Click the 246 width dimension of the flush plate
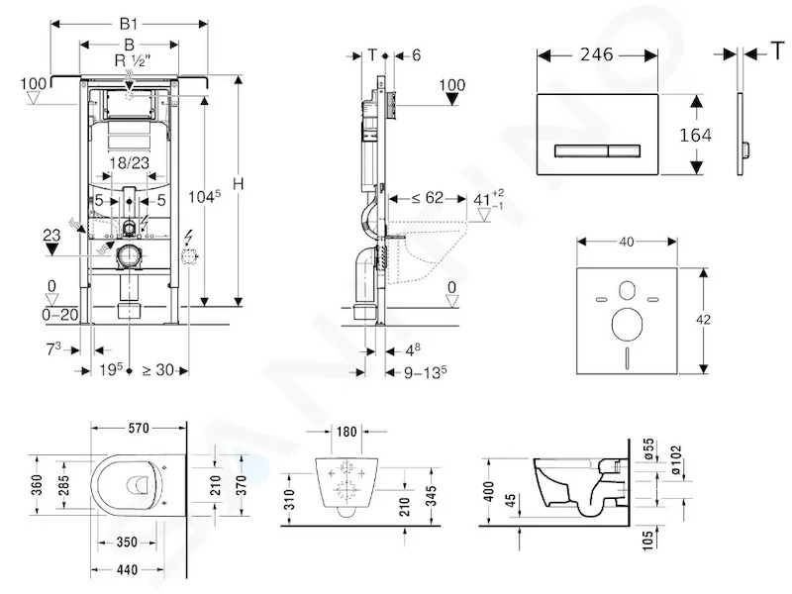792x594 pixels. tap(597, 54)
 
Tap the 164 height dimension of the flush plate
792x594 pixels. tap(695, 135)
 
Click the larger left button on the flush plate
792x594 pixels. tap(581, 150)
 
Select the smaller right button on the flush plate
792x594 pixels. tap(625, 150)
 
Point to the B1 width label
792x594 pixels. tap(129, 23)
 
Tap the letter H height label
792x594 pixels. tap(238, 183)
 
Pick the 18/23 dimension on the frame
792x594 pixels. tap(130, 162)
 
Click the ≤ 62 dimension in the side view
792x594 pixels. tap(428, 197)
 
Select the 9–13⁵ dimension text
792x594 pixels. tap(426, 372)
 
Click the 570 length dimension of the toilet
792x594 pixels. tap(139, 429)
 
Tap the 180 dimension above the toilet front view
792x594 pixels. tap(346, 432)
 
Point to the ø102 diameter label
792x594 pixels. tap(676, 459)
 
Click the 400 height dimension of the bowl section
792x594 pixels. tap(488, 491)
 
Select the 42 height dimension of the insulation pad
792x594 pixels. tap(703, 319)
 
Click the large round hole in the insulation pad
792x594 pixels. tap(627, 324)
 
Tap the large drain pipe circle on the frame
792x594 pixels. tap(130, 256)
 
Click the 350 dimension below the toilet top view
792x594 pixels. tap(127, 542)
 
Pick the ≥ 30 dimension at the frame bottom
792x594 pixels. tap(158, 370)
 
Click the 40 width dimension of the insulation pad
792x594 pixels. tap(627, 242)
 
